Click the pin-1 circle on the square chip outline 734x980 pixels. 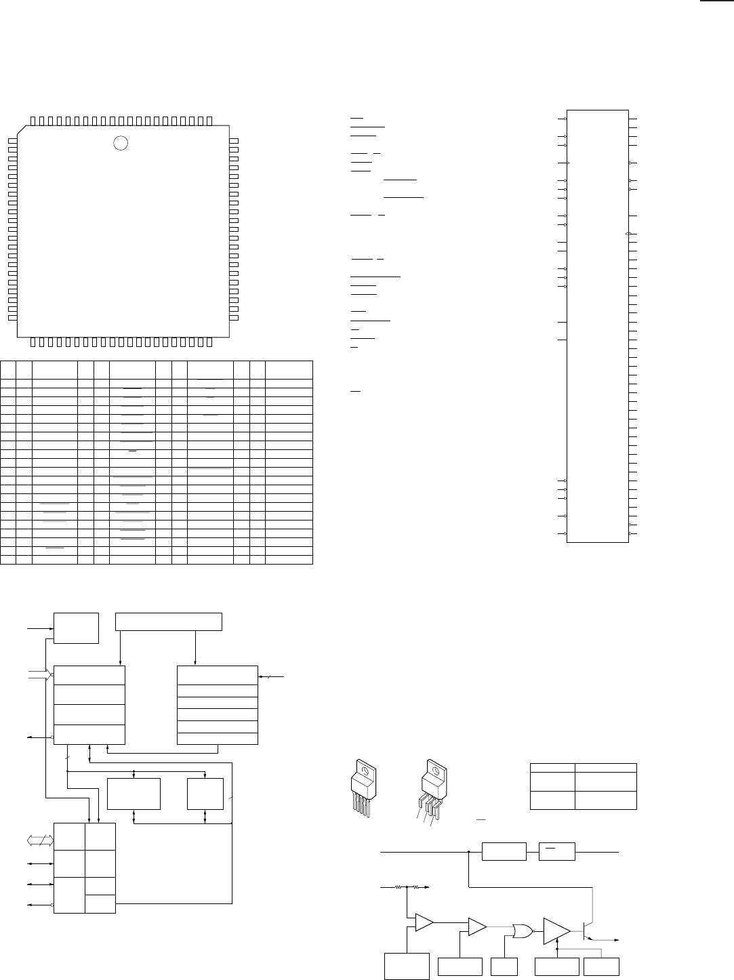coord(120,143)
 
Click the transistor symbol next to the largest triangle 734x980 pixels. coord(588,930)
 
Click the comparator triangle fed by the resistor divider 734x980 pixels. coord(424,922)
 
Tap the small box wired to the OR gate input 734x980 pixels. coord(504,966)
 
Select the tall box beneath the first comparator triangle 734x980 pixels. coord(407,966)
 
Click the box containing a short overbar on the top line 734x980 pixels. coord(556,851)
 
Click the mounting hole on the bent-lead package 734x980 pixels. coord(436,771)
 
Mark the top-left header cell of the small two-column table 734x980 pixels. coord(552,768)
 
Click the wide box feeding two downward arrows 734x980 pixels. coord(169,621)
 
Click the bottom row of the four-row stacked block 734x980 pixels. coord(89,734)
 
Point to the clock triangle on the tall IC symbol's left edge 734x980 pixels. coord(569,163)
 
